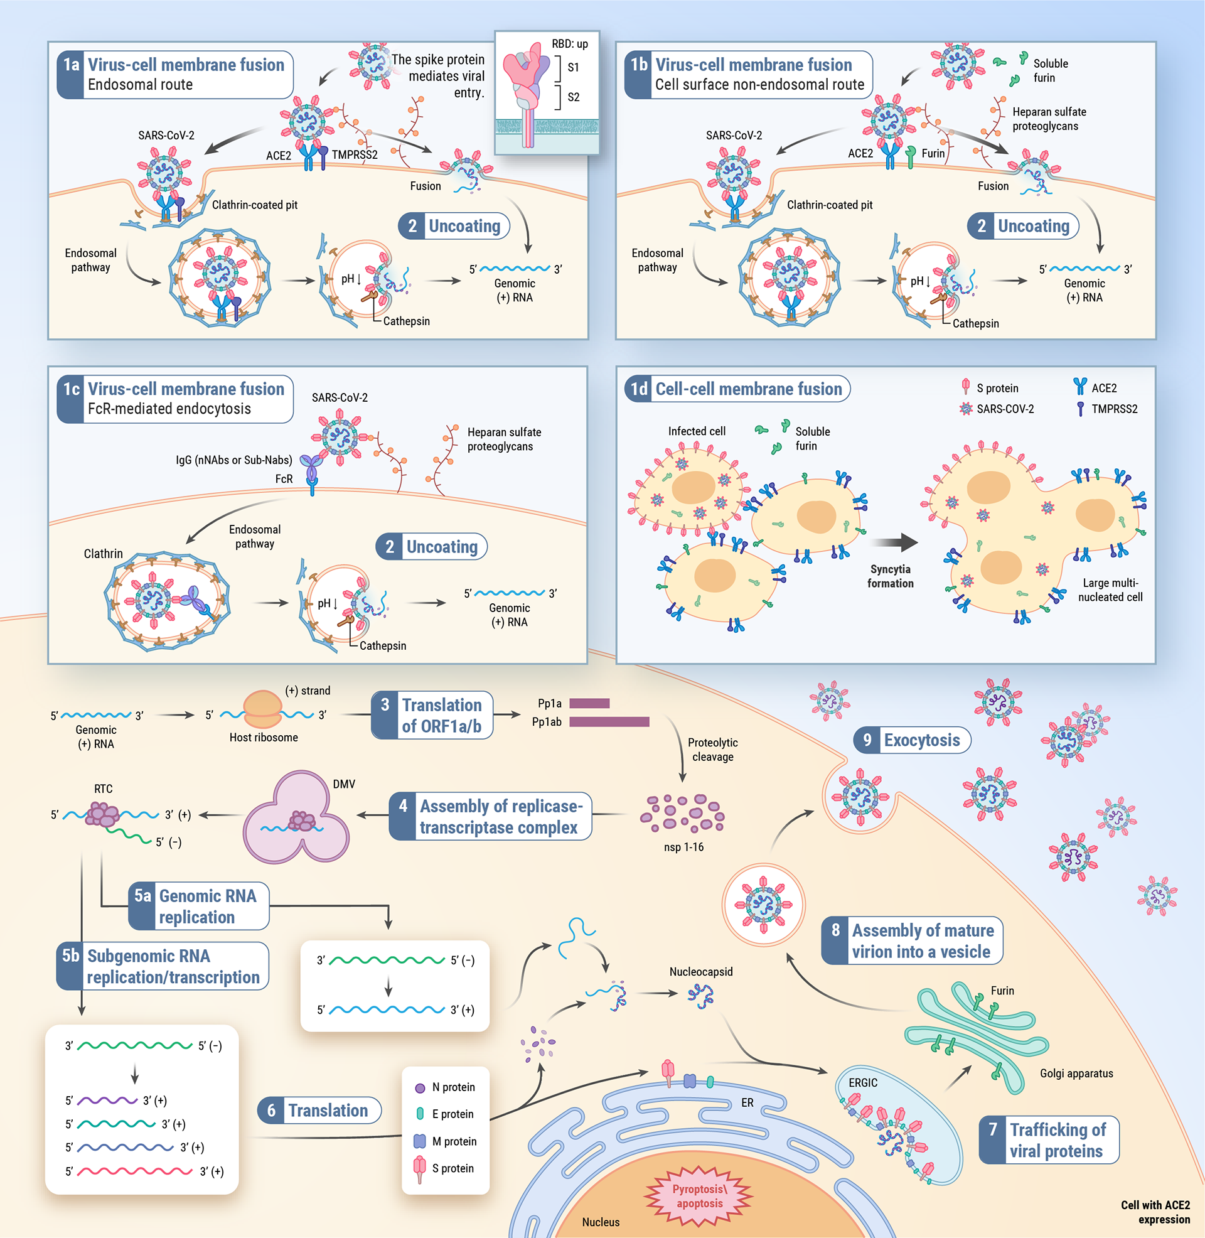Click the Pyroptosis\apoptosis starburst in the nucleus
tap(699, 1196)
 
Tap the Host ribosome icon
tap(262, 709)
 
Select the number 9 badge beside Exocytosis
tap(867, 740)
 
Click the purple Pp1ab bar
tap(609, 721)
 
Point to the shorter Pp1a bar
tap(589, 703)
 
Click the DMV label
tap(344, 784)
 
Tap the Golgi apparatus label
tap(1076, 1074)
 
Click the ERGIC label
tap(862, 1083)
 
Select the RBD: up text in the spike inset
tap(570, 44)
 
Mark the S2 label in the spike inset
tap(574, 97)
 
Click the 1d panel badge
tap(638, 389)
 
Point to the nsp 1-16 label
tap(683, 847)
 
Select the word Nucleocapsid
tap(700, 972)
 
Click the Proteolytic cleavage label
tap(712, 750)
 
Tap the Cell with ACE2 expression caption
tap(1155, 1212)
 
